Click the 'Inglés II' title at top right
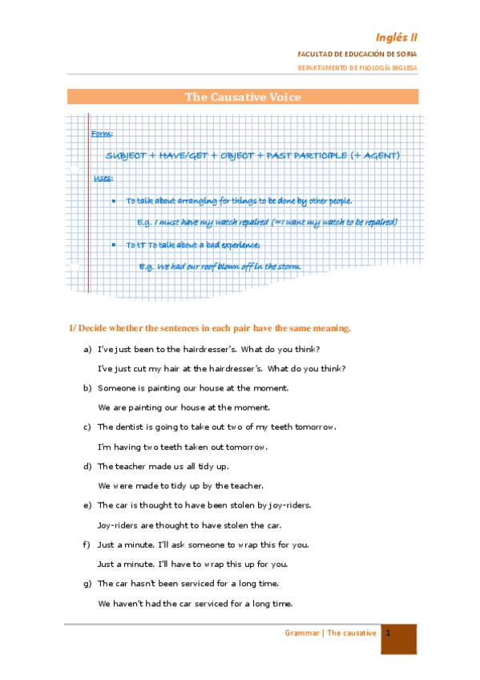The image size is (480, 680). pyautogui.click(x=397, y=37)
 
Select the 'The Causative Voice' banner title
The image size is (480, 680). pyautogui.click(x=243, y=97)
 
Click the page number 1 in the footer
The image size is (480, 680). pyautogui.click(x=388, y=633)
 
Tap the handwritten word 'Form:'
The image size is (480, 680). pyautogui.click(x=102, y=133)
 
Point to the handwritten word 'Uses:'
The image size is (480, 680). pyautogui.click(x=103, y=177)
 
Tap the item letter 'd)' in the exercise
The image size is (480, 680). pyautogui.click(x=87, y=466)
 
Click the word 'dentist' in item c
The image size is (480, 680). pyautogui.click(x=127, y=427)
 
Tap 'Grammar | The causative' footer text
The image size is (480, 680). pyautogui.click(x=330, y=633)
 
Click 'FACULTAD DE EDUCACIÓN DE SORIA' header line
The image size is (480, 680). pyautogui.click(x=357, y=54)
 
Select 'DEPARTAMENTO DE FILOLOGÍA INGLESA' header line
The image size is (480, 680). pyautogui.click(x=357, y=69)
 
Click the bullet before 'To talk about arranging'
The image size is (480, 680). pyautogui.click(x=114, y=200)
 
